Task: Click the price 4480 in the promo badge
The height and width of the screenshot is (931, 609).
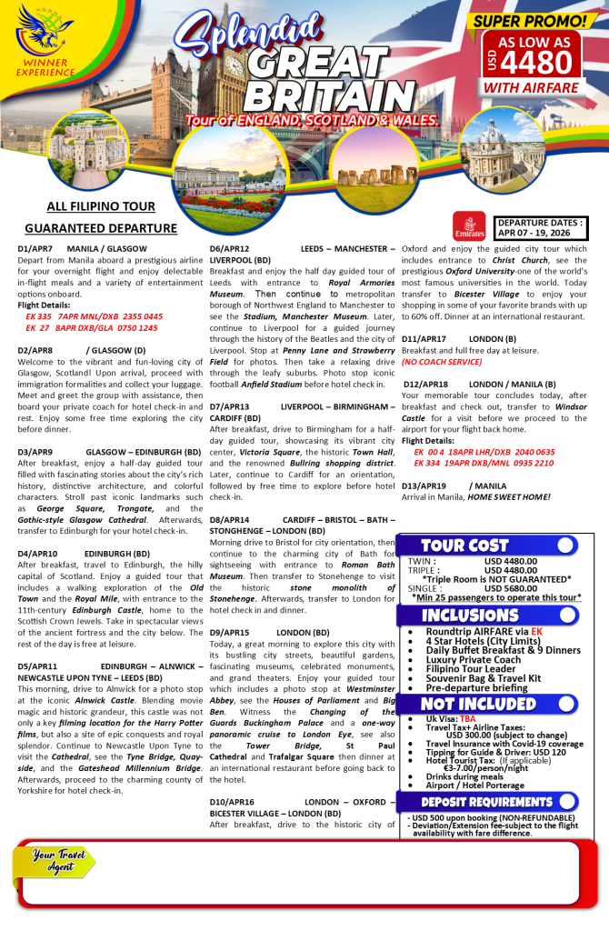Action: [537, 62]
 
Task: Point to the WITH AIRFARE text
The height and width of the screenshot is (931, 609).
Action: [532, 87]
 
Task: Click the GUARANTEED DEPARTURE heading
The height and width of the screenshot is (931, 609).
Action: [101, 228]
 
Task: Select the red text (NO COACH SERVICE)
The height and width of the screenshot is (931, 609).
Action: [443, 362]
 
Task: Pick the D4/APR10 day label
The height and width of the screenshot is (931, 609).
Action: [37, 553]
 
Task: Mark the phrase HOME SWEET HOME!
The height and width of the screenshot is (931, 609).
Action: [511, 496]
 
